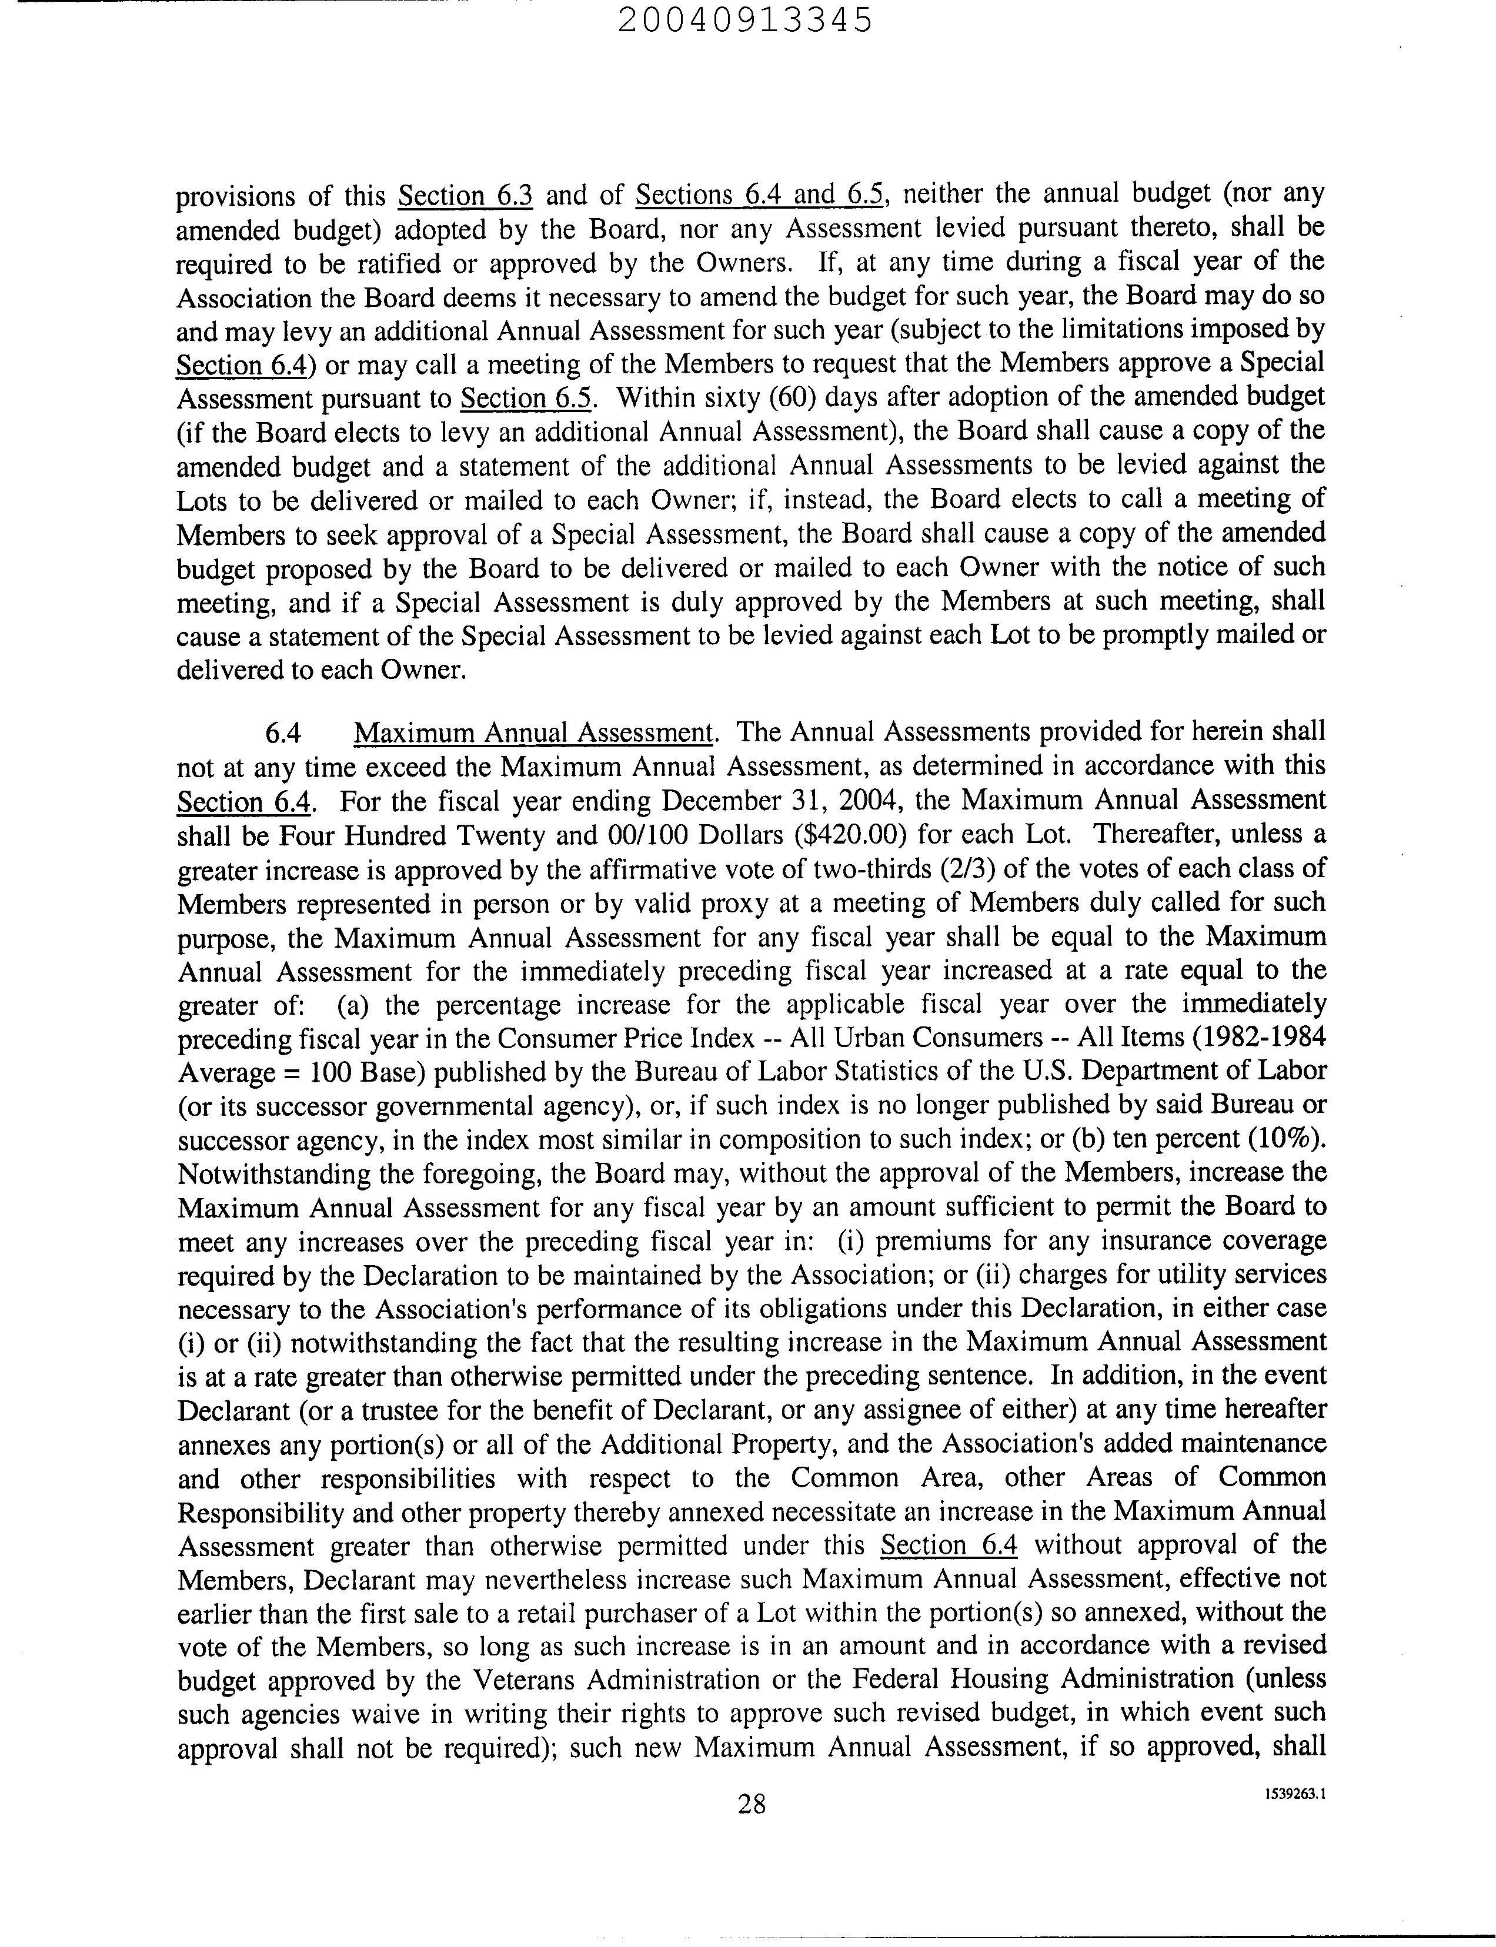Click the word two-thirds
[856, 869]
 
